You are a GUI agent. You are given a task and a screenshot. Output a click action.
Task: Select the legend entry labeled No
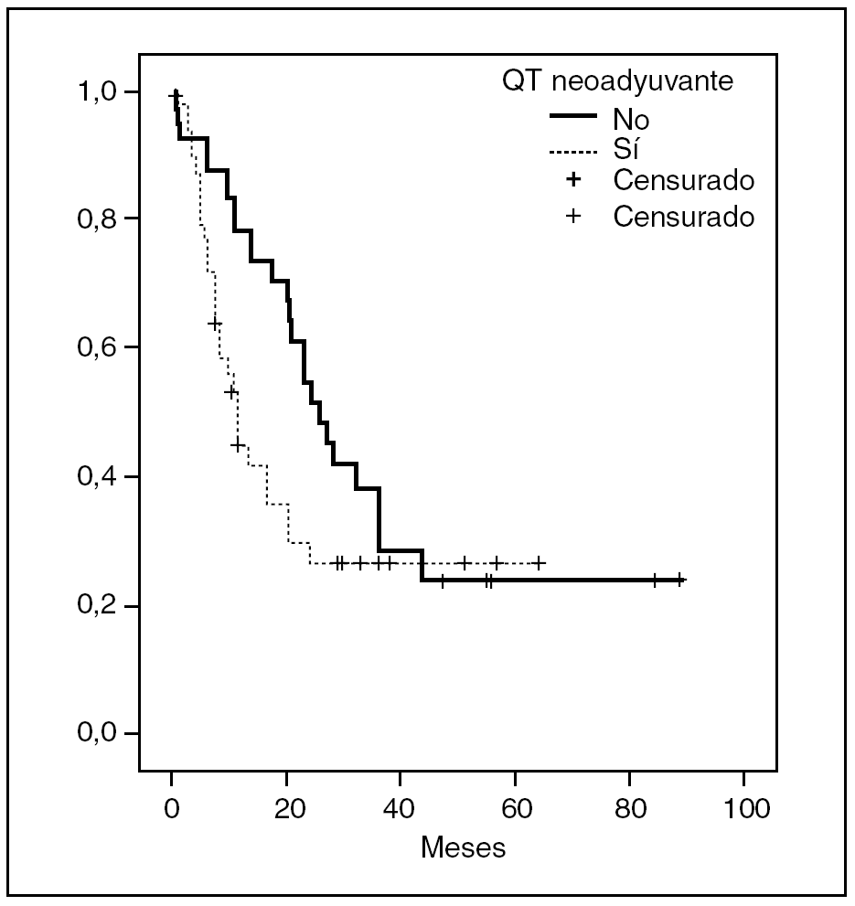[631, 120]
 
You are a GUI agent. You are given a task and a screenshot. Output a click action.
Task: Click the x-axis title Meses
[463, 847]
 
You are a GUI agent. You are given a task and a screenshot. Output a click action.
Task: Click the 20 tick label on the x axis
[286, 808]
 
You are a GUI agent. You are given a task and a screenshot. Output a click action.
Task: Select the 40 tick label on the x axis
[401, 808]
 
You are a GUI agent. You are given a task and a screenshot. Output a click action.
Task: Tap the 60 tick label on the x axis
[515, 808]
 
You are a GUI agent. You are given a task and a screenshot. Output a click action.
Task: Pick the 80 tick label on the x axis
[629, 808]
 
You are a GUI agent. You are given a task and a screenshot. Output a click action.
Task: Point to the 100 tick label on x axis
[743, 808]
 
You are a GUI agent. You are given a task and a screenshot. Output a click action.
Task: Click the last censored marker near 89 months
[679, 580]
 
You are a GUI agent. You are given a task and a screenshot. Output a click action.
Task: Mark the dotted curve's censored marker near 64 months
[539, 563]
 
